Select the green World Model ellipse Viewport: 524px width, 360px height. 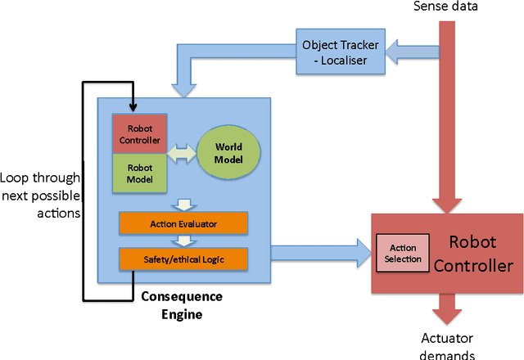coord(228,152)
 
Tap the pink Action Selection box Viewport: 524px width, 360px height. coord(401,254)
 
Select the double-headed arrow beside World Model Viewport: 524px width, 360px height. coord(181,153)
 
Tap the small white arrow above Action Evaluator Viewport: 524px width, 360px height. coord(184,204)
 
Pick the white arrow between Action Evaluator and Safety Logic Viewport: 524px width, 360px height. coord(184,241)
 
